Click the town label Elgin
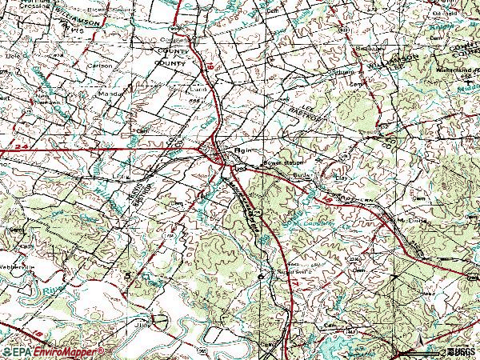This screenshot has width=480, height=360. click(x=243, y=150)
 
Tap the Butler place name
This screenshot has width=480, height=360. click(x=299, y=174)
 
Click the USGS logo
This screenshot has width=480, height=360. click(x=460, y=351)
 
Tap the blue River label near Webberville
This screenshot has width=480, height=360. click(x=55, y=283)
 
